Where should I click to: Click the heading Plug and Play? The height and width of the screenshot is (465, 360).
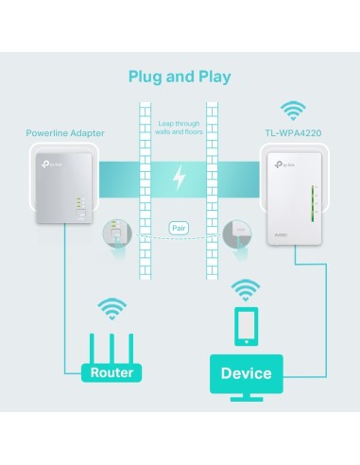180,76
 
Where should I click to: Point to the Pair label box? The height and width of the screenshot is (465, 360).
180,228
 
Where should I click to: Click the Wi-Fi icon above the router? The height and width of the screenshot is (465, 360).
112,308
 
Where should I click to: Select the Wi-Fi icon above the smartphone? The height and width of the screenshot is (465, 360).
245,288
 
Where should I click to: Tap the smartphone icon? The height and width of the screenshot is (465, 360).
245,327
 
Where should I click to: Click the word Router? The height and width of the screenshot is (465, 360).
112,372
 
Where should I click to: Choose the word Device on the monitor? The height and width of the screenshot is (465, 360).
246,373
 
